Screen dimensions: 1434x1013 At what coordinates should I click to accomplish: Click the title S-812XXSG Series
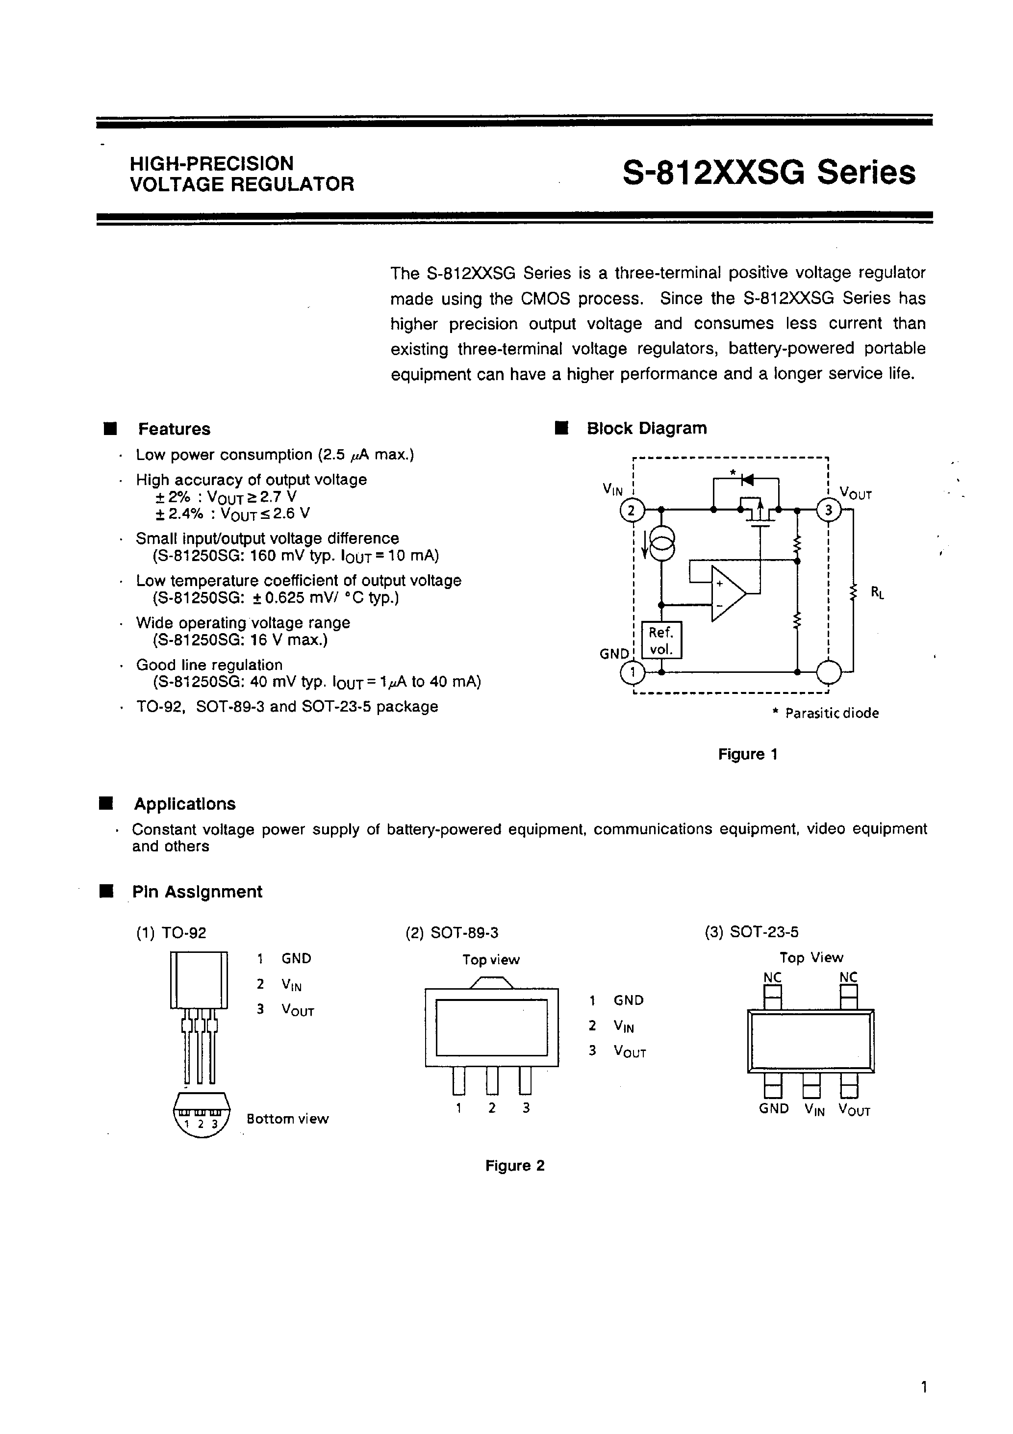click(769, 173)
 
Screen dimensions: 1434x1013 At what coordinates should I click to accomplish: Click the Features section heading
click(174, 429)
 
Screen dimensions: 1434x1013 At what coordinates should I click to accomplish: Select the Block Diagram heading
click(646, 429)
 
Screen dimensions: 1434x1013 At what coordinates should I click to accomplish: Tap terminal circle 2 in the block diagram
click(631, 510)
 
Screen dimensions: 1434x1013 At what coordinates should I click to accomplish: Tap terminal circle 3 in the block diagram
click(828, 510)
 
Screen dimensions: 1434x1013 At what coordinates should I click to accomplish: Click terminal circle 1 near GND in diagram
click(632, 672)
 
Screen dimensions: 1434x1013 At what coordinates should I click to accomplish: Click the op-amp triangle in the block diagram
click(726, 594)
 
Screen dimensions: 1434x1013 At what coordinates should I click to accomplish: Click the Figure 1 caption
click(748, 754)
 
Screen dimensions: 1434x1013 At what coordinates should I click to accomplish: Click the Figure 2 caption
click(515, 1165)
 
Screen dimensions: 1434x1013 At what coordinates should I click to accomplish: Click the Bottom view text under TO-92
click(287, 1119)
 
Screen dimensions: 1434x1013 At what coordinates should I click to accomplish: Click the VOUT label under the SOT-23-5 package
click(854, 1110)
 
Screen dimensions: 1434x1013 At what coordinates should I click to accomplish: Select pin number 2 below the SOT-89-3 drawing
click(491, 1108)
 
